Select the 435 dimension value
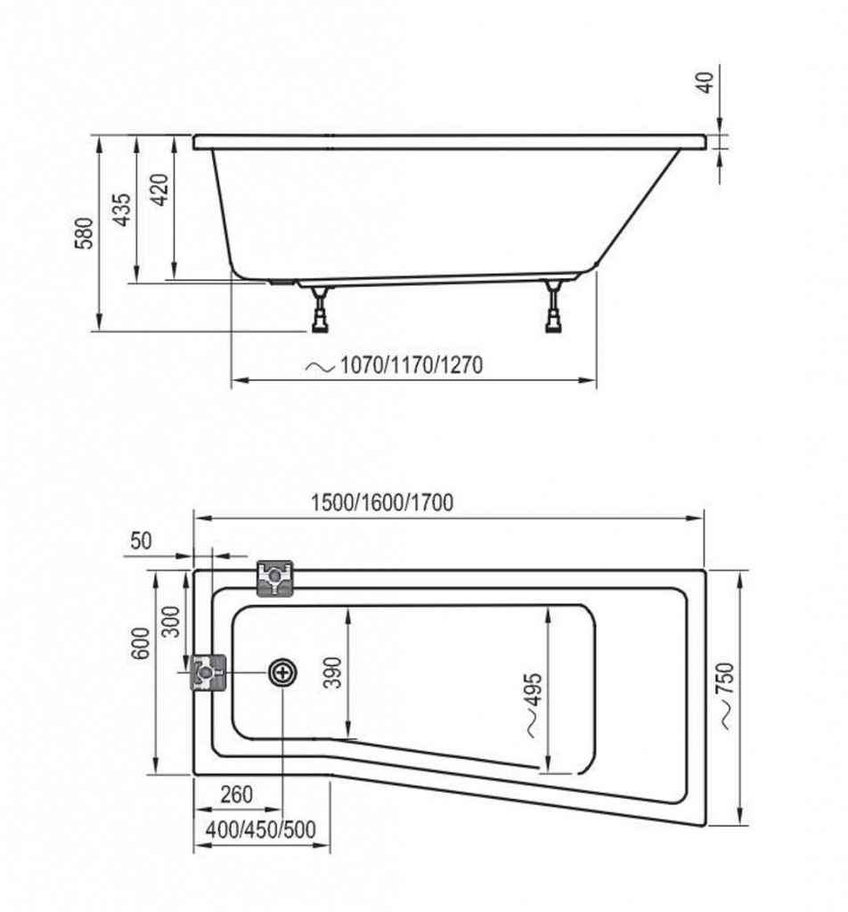(122, 209)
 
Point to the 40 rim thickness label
(705, 83)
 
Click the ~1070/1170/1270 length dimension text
(395, 365)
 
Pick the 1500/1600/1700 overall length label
(382, 502)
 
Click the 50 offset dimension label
(141, 541)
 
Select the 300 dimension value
(171, 621)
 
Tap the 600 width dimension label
(140, 643)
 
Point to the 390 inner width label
(332, 672)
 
